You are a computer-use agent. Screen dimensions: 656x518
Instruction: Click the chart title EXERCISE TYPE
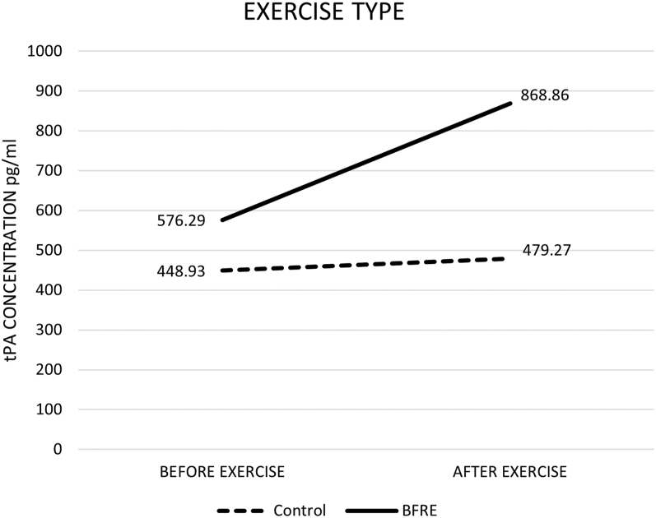(323, 12)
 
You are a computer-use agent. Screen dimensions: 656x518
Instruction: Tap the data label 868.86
(545, 95)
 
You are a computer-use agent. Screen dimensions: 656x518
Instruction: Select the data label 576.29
(181, 220)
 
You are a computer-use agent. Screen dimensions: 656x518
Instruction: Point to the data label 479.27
(547, 250)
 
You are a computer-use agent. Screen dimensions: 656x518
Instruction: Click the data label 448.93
(181, 271)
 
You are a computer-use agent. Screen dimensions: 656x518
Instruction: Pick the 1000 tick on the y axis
(44, 51)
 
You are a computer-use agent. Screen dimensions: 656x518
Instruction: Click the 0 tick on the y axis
(58, 449)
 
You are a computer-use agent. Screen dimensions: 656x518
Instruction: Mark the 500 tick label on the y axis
(49, 250)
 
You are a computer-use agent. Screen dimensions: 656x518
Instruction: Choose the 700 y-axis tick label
(49, 170)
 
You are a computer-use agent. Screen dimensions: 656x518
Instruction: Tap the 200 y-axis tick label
(49, 369)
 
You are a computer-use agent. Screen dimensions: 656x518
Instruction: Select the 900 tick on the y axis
(49, 90)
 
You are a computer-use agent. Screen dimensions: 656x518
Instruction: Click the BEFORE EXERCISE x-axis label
(222, 472)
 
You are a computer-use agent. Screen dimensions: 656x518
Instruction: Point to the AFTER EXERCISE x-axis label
(509, 472)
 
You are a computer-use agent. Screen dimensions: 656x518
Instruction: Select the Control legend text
(300, 511)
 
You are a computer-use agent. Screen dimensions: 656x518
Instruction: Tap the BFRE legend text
(420, 511)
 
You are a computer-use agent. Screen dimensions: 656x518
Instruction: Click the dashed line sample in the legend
(240, 511)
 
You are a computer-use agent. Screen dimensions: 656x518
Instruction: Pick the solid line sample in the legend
(371, 511)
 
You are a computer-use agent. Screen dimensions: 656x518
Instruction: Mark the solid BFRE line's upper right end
(510, 103)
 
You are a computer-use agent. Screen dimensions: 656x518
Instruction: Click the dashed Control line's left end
(222, 271)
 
